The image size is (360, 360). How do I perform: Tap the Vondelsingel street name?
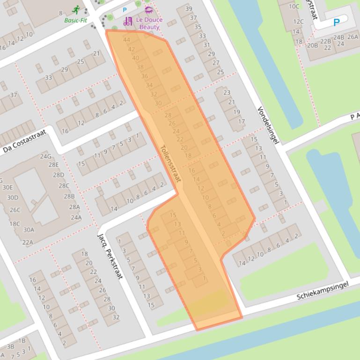[x=267, y=125]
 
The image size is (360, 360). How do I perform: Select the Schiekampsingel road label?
[x=323, y=291]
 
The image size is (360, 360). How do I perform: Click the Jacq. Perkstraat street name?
[x=110, y=256]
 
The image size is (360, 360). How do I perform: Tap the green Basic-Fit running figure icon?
[x=76, y=10]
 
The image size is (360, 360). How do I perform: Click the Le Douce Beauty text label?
[x=149, y=24]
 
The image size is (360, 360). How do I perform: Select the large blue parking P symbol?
[x=336, y=22]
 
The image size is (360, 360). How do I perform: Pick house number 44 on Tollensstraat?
[x=126, y=40]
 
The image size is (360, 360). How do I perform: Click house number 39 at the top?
[x=189, y=9]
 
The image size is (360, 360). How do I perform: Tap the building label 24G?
[x=45, y=157]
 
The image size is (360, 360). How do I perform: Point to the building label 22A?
[x=28, y=242]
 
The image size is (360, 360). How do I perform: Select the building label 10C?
[x=294, y=7]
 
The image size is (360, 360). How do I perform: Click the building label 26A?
[x=353, y=37]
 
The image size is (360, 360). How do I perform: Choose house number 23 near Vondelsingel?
[x=227, y=93]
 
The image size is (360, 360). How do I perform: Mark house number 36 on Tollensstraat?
[x=144, y=76]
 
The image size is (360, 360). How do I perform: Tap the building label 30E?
[x=7, y=187]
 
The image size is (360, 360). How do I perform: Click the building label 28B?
[x=69, y=196]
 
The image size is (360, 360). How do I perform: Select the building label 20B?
[x=312, y=45]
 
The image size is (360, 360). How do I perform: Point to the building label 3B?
[x=10, y=346]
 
